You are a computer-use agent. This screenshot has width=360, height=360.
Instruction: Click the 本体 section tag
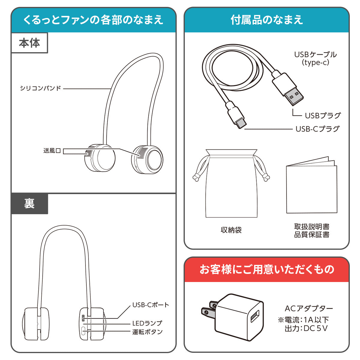(29, 43)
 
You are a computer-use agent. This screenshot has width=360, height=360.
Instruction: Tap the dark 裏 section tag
(29, 204)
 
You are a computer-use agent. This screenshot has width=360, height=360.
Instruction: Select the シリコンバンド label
(40, 88)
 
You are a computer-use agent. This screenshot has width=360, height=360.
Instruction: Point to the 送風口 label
(52, 151)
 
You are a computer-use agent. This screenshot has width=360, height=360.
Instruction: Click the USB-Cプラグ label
(317, 129)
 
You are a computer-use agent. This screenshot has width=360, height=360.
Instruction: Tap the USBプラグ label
(323, 115)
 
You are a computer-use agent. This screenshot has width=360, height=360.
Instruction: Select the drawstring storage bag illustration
(231, 183)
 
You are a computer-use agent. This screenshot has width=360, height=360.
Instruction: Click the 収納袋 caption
(231, 230)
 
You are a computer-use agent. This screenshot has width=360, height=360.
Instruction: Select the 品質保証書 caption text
(312, 235)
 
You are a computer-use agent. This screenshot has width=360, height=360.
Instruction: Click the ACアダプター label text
(309, 309)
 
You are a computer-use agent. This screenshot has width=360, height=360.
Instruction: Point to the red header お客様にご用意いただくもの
(267, 269)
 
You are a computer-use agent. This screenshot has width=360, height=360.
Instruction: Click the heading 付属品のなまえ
(267, 20)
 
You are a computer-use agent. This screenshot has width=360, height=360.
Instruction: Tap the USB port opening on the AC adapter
(255, 316)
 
